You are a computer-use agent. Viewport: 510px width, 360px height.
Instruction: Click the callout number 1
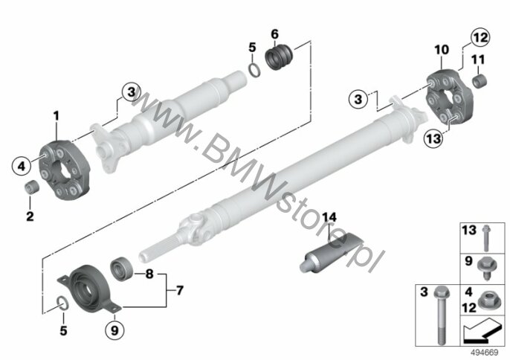coord(57,115)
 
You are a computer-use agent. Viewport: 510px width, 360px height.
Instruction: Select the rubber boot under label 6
coord(280,57)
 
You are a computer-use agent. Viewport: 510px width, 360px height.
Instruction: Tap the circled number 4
coord(22,167)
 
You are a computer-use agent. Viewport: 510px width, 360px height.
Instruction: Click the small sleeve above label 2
coord(32,188)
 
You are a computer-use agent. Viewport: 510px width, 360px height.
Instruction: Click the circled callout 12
coord(480,38)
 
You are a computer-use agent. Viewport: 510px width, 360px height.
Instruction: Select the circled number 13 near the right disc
coord(433,138)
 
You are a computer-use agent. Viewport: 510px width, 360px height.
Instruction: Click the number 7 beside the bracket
coord(180,290)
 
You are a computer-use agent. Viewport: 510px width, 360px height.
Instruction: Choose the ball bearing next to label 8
coord(121,269)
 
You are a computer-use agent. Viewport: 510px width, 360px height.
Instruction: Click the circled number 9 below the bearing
coord(114,330)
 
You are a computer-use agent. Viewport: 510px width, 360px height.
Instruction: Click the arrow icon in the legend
coord(482,331)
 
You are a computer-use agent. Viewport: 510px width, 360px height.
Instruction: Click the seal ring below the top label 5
coord(254,70)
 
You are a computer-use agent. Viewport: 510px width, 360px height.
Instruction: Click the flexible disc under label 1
coord(64,170)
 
